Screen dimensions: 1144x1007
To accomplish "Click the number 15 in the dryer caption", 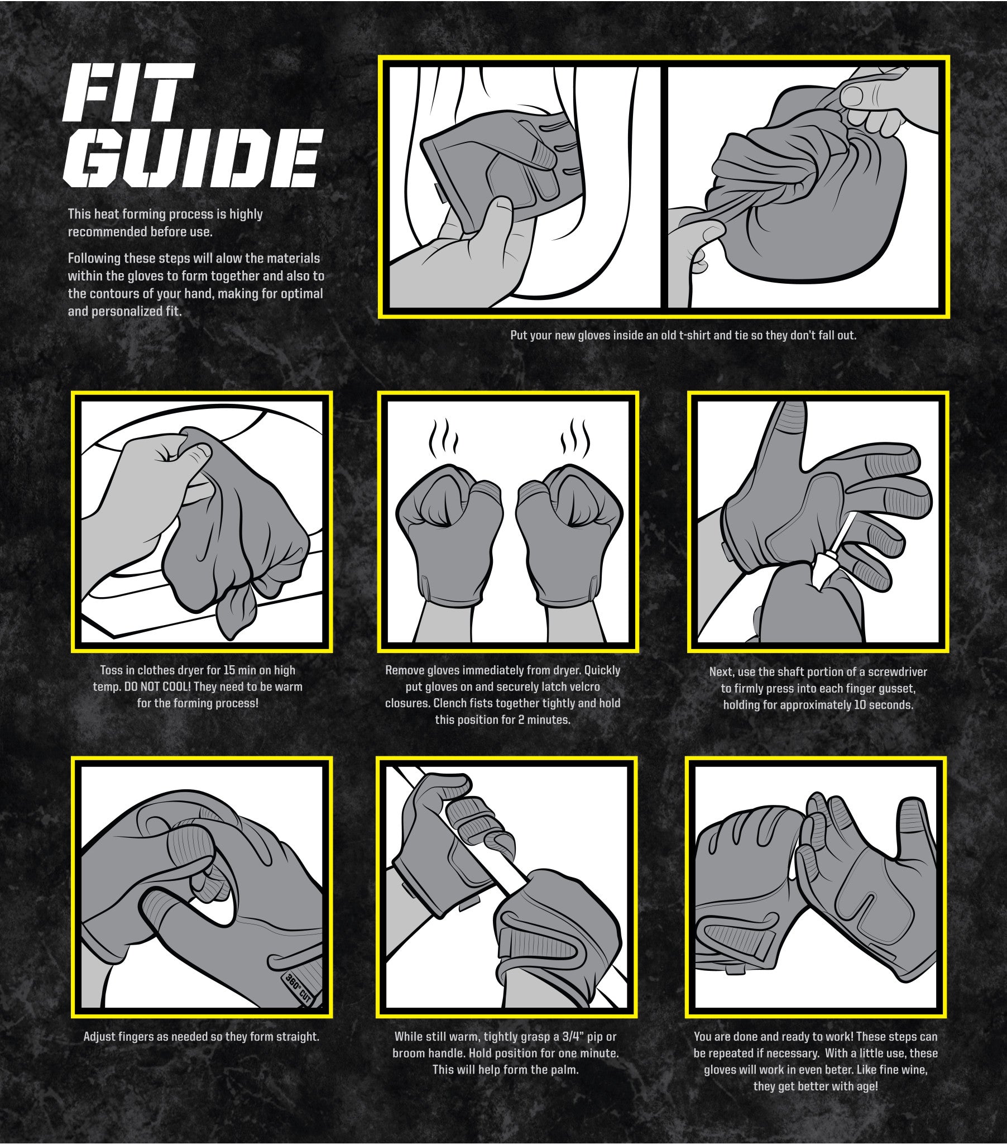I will (x=229, y=670).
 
